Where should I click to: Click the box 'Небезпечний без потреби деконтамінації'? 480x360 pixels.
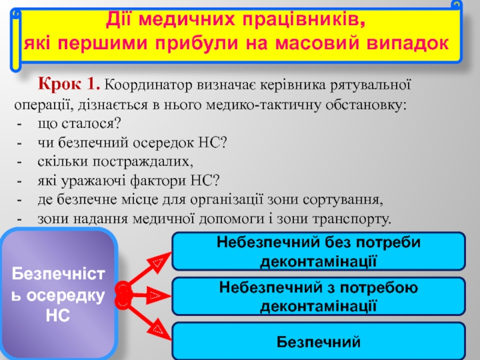pos(319,251)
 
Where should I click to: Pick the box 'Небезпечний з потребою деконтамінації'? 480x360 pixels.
pos(319,296)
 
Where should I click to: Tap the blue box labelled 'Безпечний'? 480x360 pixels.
pos(319,341)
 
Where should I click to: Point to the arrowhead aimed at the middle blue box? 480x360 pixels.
pos(155,295)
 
